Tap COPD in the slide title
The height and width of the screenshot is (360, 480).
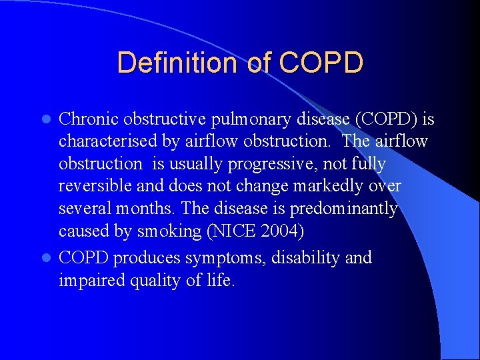pos(321,63)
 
